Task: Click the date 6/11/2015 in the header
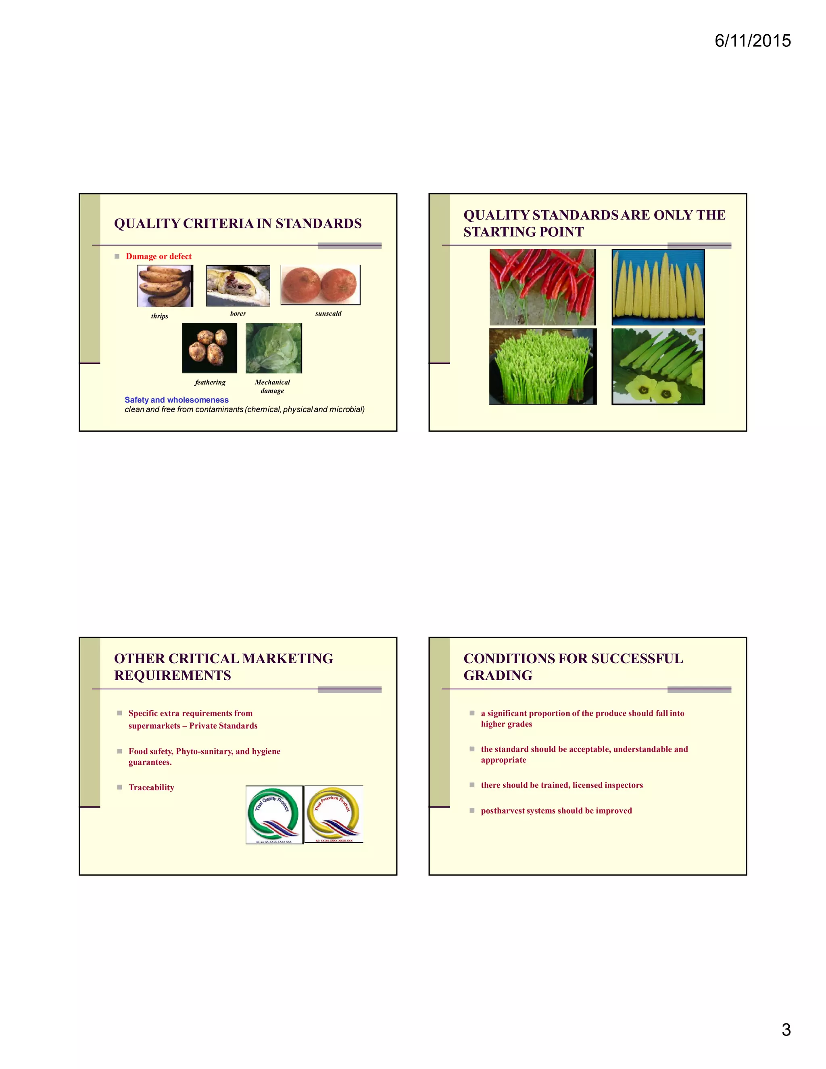(x=752, y=41)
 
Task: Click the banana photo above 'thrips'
(x=165, y=286)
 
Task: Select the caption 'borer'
(x=238, y=313)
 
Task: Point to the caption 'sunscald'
(x=328, y=313)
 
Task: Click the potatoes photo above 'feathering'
(x=209, y=348)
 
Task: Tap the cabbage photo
(x=273, y=348)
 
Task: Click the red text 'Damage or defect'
(x=159, y=257)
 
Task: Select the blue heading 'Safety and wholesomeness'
(x=176, y=400)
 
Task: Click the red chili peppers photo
(x=542, y=287)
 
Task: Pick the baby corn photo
(x=658, y=287)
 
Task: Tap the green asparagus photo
(x=542, y=367)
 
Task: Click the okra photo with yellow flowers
(x=658, y=367)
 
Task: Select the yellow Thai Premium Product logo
(x=334, y=814)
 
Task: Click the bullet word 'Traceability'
(x=151, y=787)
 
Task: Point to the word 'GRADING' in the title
(x=498, y=675)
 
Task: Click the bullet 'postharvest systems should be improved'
(x=556, y=810)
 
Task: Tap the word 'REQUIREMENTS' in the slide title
(x=172, y=675)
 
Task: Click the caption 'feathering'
(x=210, y=382)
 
